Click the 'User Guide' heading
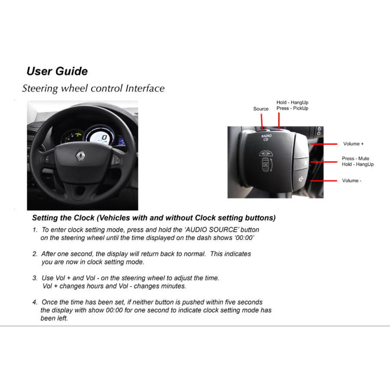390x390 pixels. point(57,71)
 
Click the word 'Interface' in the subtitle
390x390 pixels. point(145,88)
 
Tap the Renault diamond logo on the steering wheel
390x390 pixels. point(81,156)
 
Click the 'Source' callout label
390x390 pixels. point(261,109)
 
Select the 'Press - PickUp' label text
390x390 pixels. point(292,108)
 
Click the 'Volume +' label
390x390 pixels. point(353,144)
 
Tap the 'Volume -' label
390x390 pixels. point(351,181)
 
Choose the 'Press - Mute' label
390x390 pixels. point(355,159)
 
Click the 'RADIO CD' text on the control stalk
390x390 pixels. point(266,137)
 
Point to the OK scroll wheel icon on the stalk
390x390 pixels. point(265,165)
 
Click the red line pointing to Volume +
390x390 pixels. point(324,144)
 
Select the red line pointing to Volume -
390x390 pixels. point(324,181)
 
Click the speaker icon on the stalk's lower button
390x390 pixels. point(301,179)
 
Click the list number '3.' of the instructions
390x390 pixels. point(35,278)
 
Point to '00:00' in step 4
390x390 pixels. point(114,310)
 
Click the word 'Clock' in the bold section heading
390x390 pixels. point(84,218)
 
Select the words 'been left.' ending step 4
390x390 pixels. point(54,318)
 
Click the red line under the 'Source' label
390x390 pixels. point(262,121)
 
